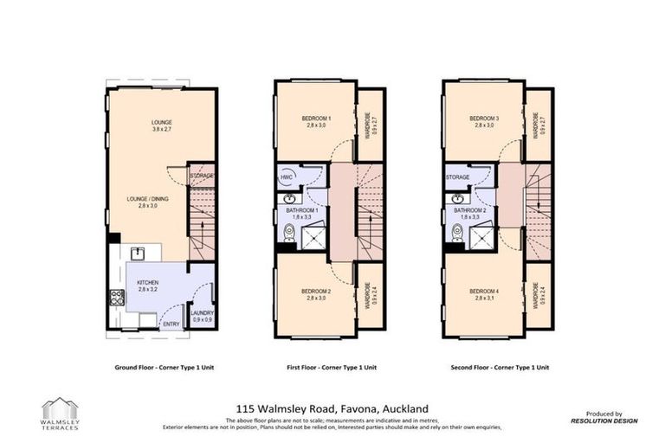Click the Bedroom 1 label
318,119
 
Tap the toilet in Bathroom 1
287,232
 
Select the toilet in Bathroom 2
455,232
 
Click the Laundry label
202,314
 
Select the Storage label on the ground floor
201,177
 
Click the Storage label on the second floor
457,177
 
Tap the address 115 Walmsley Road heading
332,408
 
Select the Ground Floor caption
164,367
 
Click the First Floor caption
332,367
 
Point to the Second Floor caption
500,367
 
